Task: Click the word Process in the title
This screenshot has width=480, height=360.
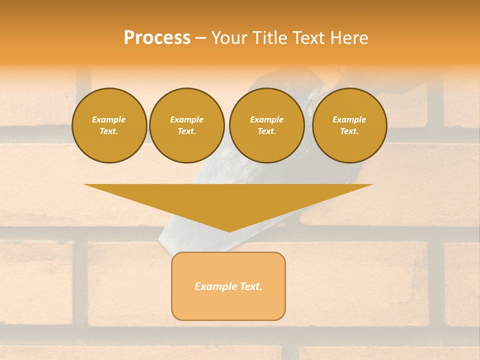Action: coord(157,38)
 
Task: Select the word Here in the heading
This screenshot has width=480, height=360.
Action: coord(349,38)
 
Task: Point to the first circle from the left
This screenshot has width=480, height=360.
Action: coord(109,125)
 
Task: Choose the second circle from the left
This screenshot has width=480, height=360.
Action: coord(186,125)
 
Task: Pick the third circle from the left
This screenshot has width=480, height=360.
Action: coord(266,125)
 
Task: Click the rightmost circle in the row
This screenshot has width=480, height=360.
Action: coord(349,125)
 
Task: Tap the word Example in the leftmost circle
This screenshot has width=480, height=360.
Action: coord(109,119)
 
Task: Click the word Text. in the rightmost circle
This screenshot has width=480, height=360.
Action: coord(349,131)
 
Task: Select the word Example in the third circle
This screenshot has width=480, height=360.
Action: coord(266,119)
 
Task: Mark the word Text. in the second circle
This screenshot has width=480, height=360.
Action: coord(186,131)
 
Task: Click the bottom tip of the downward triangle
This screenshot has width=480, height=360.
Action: coord(229,231)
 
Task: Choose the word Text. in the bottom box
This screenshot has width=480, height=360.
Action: coord(251,286)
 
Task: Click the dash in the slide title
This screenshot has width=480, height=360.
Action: coord(200,38)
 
